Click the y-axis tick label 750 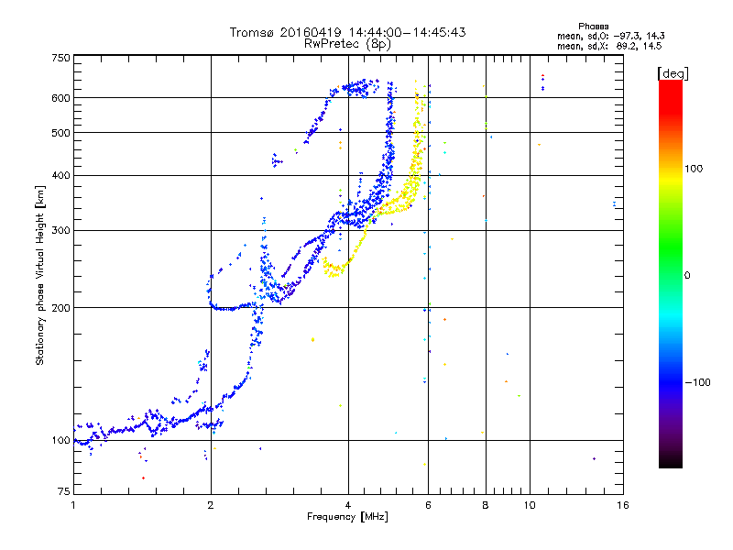61,58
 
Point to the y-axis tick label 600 61,97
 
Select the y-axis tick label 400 61,175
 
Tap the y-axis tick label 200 61,307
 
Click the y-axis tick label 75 63,493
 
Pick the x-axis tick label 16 622,505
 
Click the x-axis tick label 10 530,505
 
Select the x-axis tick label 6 428,505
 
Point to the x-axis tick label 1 73,505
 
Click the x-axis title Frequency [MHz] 349,518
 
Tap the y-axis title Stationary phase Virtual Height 40,275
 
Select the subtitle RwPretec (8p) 348,43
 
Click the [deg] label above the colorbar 673,72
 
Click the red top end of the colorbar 670,84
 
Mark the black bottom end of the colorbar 670,465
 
